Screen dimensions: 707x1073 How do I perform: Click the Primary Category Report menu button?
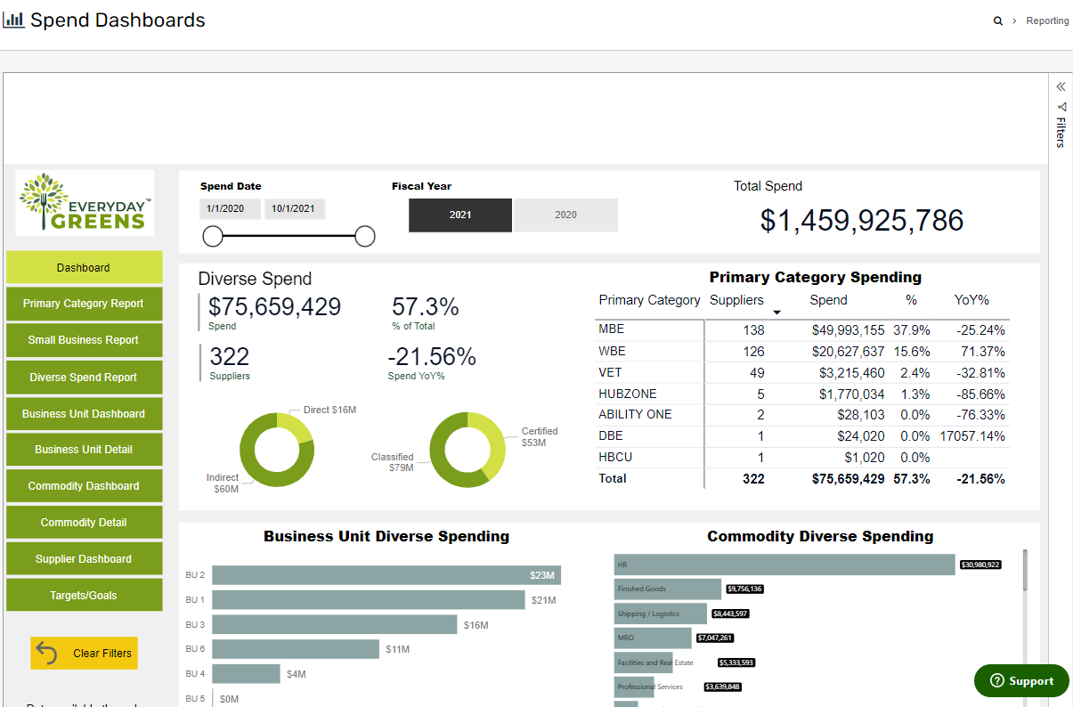(x=84, y=304)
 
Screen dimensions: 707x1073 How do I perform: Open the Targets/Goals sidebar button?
(x=84, y=596)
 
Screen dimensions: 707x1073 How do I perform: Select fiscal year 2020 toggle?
(x=565, y=215)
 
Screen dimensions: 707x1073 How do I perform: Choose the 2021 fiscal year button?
(x=460, y=215)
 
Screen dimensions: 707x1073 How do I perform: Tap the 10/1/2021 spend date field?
(x=295, y=209)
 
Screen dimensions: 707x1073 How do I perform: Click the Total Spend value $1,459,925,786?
(x=861, y=221)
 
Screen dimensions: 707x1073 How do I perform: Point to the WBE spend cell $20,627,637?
(x=848, y=352)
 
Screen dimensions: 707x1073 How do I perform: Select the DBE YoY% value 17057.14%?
(x=971, y=436)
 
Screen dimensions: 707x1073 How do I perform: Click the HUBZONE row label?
(x=627, y=394)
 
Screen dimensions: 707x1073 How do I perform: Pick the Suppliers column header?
(x=736, y=300)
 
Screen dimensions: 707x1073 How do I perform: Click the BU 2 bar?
(x=386, y=575)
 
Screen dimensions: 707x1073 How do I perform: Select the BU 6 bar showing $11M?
(x=296, y=649)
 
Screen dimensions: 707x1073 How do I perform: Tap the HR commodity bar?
(x=784, y=565)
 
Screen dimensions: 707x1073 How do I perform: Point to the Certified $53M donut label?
(x=539, y=436)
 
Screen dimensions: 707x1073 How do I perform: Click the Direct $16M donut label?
(x=330, y=410)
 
